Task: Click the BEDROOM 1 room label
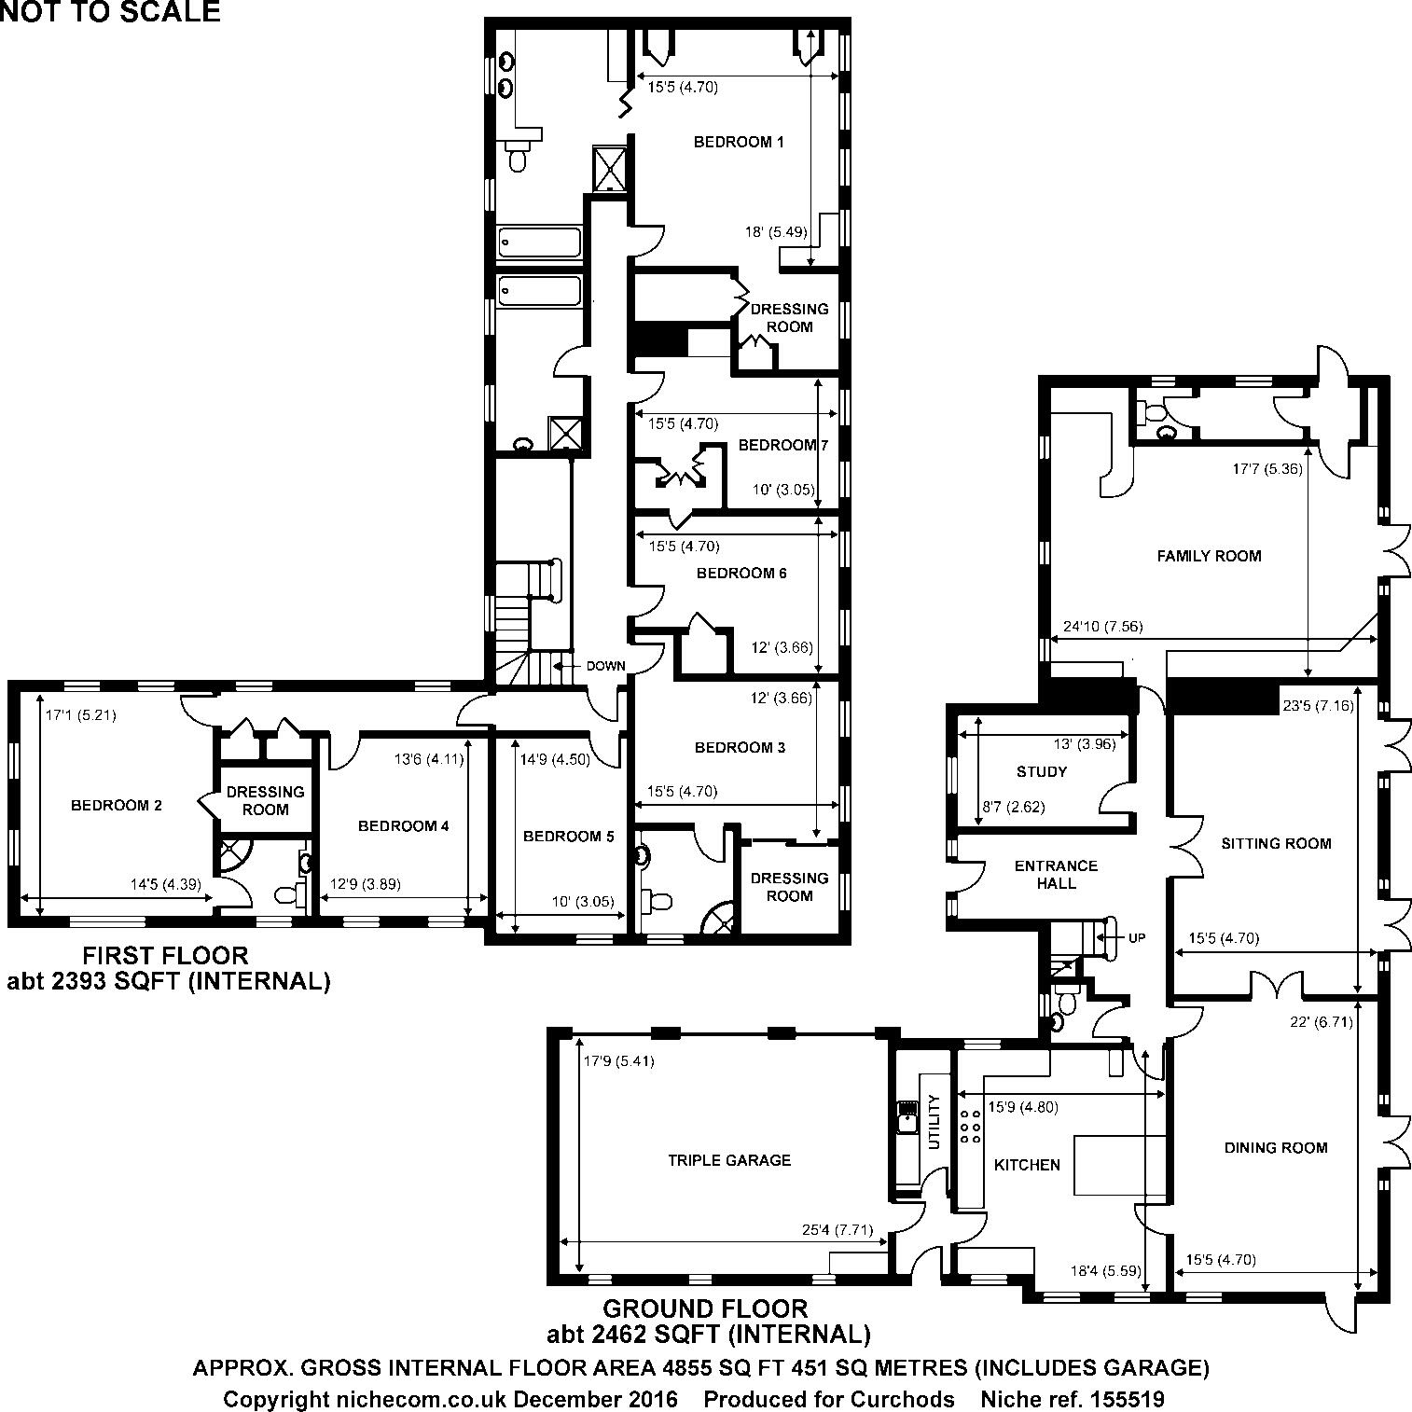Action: pos(738,142)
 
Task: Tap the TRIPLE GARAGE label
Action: pos(728,1160)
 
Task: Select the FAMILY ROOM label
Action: pos(1209,556)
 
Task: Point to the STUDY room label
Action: pos(1042,771)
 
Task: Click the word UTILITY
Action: pos(934,1122)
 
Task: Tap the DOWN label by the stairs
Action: pos(605,666)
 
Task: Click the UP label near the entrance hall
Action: pos(1136,938)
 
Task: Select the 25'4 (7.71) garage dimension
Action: pos(838,1229)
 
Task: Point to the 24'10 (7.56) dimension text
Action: pos(1102,627)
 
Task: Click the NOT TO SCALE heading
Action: pos(110,12)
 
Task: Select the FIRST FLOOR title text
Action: pos(165,955)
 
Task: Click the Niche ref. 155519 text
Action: pos(1073,1399)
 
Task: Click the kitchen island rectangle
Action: pos(1119,1165)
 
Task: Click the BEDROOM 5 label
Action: pos(568,837)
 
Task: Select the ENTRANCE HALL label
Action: pos(1056,874)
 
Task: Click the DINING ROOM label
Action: pos(1275,1147)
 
